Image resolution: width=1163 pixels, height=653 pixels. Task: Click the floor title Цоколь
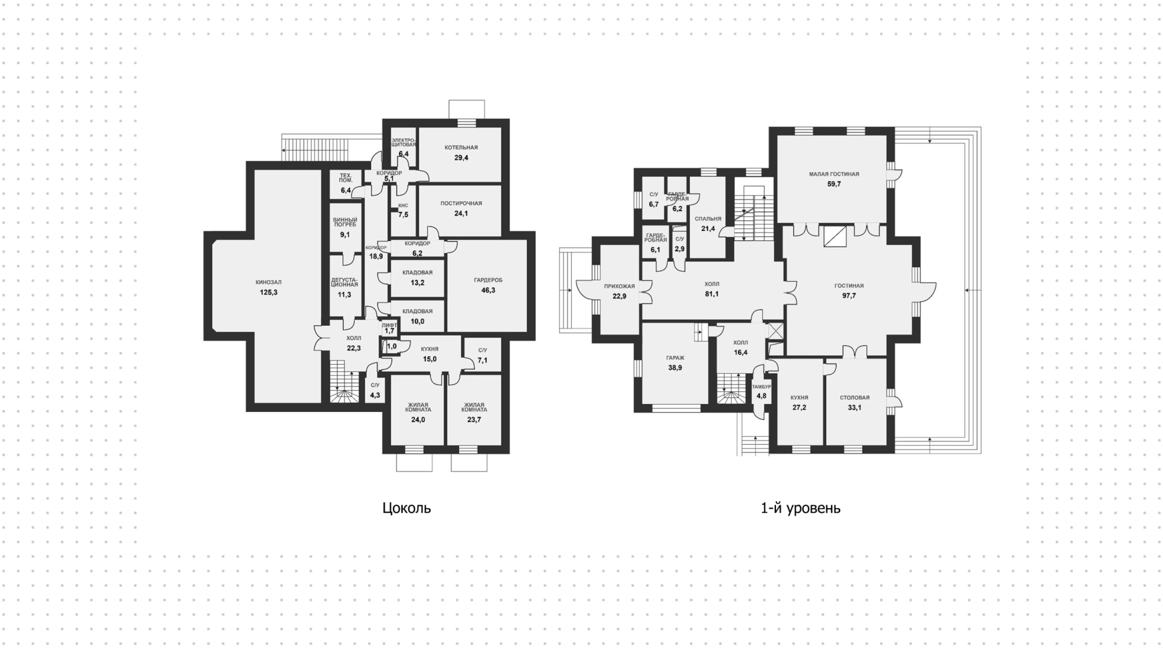pyautogui.click(x=406, y=508)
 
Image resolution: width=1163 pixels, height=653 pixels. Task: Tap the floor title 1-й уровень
pyautogui.click(x=800, y=508)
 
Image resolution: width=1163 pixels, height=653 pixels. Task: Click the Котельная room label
pyautogui.click(x=461, y=147)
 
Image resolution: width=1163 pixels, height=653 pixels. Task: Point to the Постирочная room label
pyautogui.click(x=461, y=204)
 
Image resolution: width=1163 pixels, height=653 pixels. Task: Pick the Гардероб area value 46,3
pyautogui.click(x=488, y=290)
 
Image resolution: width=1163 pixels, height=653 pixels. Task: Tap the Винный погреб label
pyautogui.click(x=345, y=222)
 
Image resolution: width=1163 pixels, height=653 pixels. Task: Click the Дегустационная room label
pyautogui.click(x=344, y=282)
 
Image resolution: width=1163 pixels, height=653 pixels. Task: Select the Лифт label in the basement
pyautogui.click(x=389, y=325)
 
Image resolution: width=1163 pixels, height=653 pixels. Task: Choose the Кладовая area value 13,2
pyautogui.click(x=417, y=283)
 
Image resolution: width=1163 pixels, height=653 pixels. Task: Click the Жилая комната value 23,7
pyautogui.click(x=474, y=419)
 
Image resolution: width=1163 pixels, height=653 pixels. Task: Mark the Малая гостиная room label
pyautogui.click(x=834, y=174)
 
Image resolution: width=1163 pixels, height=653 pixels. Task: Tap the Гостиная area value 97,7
pyautogui.click(x=849, y=296)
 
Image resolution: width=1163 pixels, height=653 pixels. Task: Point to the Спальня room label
pyautogui.click(x=708, y=219)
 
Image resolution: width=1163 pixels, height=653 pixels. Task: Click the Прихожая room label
pyautogui.click(x=619, y=286)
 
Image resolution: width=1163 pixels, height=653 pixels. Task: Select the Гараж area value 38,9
pyautogui.click(x=675, y=368)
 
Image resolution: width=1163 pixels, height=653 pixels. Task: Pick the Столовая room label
pyautogui.click(x=855, y=397)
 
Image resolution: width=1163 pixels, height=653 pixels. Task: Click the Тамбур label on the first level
pyautogui.click(x=761, y=386)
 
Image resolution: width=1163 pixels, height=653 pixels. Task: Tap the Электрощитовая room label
pyautogui.click(x=403, y=143)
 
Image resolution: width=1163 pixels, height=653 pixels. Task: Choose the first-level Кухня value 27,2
pyautogui.click(x=799, y=408)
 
